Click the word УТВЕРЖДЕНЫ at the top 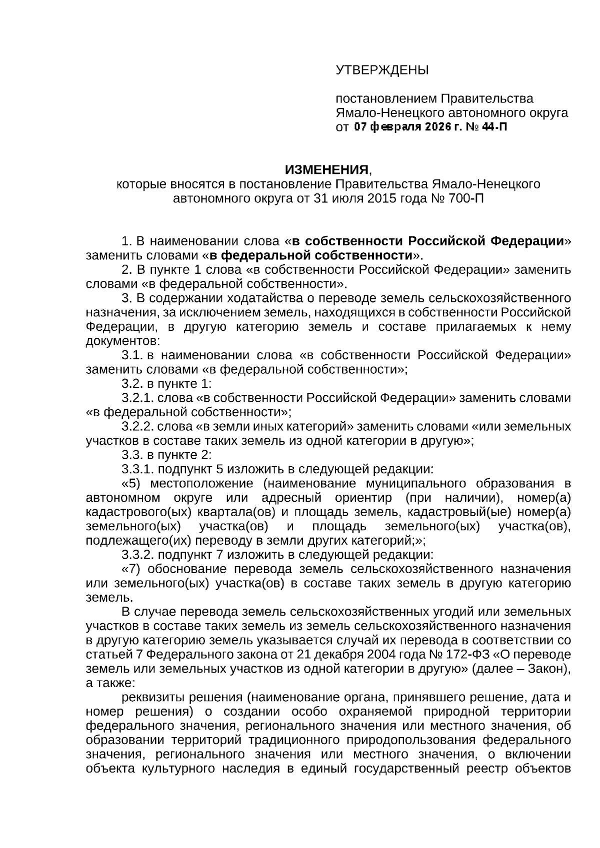[x=382, y=70]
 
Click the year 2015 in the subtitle [x=381, y=198]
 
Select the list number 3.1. [x=132, y=355]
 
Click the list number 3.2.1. [x=138, y=398]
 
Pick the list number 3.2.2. [x=138, y=427]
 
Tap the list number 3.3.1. [x=138, y=470]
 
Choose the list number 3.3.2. [x=138, y=555]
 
